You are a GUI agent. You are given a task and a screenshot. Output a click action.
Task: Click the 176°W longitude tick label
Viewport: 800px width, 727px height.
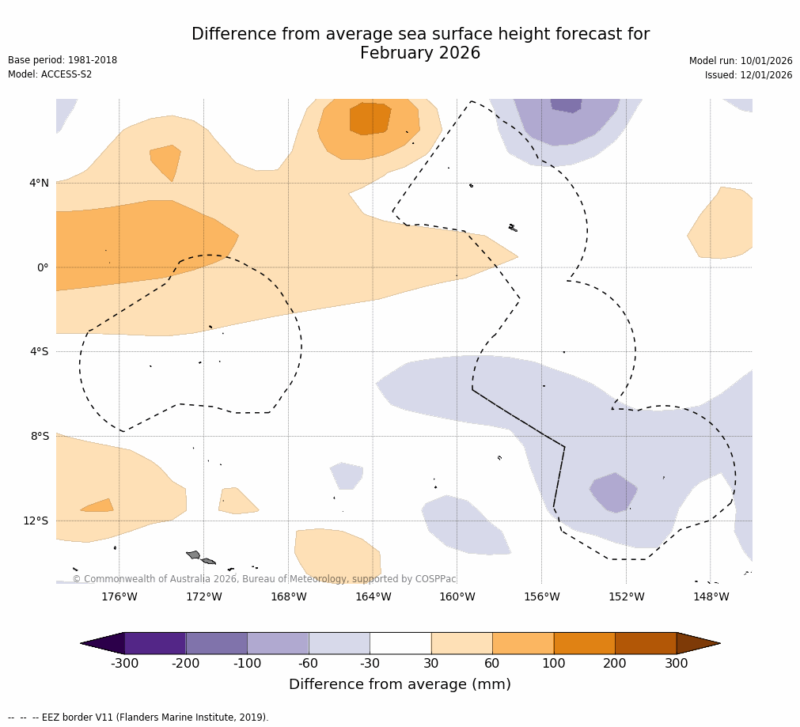(x=119, y=596)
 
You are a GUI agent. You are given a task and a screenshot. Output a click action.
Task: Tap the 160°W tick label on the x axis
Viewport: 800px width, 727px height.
(x=457, y=596)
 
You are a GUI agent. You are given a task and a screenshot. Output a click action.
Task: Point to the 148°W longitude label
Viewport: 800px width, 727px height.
(x=711, y=596)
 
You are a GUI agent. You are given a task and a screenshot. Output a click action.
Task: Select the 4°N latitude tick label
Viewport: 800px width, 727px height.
(x=39, y=183)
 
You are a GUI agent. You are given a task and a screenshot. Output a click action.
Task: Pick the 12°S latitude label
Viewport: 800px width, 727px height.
(x=36, y=521)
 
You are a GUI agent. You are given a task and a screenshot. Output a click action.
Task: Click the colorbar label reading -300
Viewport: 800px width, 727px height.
(x=124, y=664)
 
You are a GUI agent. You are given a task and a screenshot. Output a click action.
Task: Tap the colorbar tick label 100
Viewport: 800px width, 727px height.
(x=554, y=664)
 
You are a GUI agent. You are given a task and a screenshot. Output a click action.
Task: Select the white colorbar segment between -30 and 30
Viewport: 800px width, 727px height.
(x=400, y=643)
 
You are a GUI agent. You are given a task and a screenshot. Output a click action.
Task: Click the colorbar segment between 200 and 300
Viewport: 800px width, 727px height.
(x=646, y=643)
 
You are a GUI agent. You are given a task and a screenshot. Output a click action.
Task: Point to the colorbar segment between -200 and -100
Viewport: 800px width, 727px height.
(x=216, y=643)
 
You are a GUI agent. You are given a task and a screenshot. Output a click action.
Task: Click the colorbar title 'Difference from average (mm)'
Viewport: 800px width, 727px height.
(x=400, y=684)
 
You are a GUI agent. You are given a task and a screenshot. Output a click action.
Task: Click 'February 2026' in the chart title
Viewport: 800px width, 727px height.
(x=420, y=54)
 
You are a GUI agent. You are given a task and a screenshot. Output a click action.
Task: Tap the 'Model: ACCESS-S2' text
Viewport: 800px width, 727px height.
(x=50, y=74)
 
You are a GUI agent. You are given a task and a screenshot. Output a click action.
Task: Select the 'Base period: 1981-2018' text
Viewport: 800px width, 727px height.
(x=63, y=60)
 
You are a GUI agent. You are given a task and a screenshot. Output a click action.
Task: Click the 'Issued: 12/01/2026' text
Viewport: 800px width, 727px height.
(x=749, y=75)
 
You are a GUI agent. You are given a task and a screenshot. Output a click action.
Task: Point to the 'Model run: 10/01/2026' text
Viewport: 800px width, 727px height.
(x=741, y=61)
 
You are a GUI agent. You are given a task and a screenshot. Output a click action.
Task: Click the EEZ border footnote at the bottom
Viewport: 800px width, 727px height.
(x=138, y=718)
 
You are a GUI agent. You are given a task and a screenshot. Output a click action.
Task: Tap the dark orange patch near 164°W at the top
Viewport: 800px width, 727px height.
(x=370, y=118)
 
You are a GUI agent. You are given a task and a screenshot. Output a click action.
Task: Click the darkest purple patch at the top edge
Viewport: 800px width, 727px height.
(x=566, y=104)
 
